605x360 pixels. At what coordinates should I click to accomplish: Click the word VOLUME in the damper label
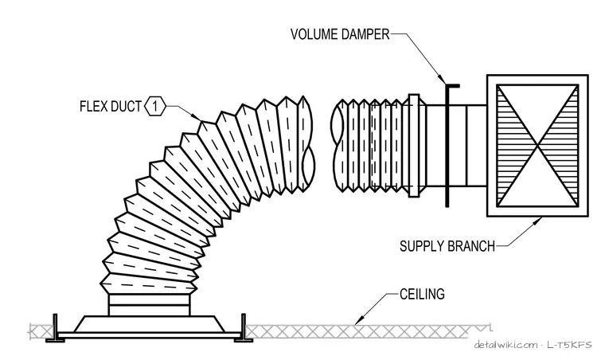tap(314, 34)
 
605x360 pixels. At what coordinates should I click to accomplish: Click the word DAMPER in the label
tap(365, 34)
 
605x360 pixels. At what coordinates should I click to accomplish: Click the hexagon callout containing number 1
tap(155, 106)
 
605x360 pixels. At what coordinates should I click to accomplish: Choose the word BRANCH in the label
tap(471, 246)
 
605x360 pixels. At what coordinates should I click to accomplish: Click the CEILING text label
tap(422, 295)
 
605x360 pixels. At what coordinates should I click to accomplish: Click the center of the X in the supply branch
tap(538, 146)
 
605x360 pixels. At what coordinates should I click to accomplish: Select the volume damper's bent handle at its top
tap(452, 85)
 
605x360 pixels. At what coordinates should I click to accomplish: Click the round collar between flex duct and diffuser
tap(149, 305)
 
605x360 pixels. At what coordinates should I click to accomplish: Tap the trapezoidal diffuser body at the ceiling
tap(149, 324)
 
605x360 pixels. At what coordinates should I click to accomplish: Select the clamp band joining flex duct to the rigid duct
tap(414, 146)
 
